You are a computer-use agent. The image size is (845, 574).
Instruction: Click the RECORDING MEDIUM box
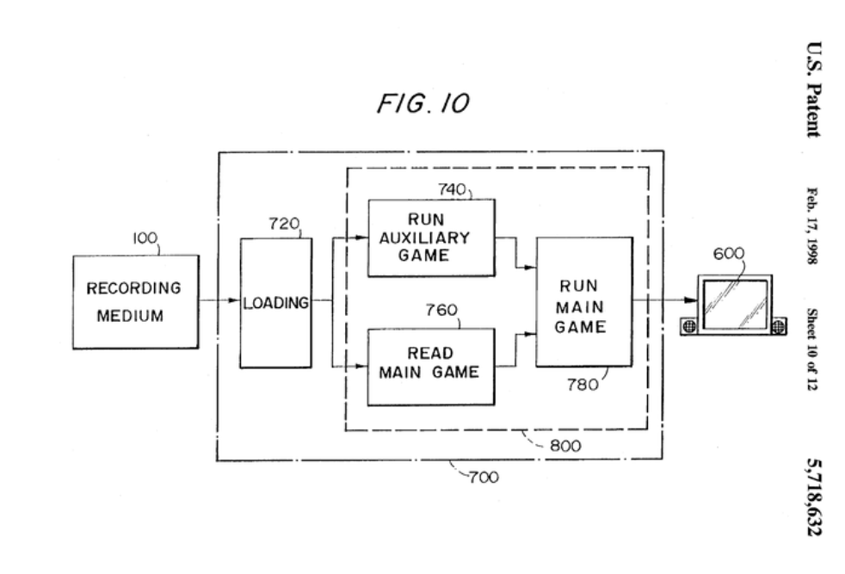coord(136,301)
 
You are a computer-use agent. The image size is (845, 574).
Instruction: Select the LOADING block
coord(275,303)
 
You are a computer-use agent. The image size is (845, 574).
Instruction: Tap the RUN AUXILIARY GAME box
coord(431,238)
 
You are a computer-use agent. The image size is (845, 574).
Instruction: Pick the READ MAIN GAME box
coord(431,366)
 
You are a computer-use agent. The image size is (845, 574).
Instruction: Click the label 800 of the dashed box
coord(565,446)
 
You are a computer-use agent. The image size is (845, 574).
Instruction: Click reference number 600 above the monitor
coord(728,254)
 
